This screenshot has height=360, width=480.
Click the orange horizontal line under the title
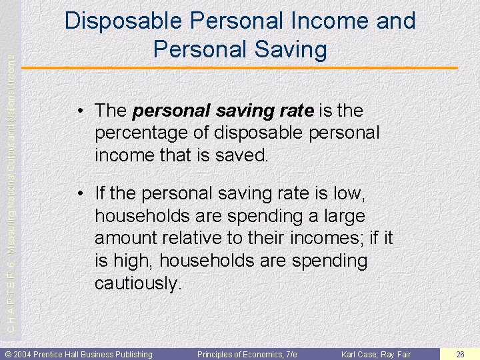[x=240, y=68]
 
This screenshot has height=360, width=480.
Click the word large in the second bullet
[x=341, y=216]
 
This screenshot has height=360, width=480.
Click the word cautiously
[x=137, y=283]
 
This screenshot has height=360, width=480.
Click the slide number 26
[x=460, y=354]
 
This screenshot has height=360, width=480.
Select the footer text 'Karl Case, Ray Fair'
[x=376, y=354]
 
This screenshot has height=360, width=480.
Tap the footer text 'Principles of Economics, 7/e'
[x=247, y=354]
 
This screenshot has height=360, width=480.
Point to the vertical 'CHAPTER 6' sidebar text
[x=9, y=300]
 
